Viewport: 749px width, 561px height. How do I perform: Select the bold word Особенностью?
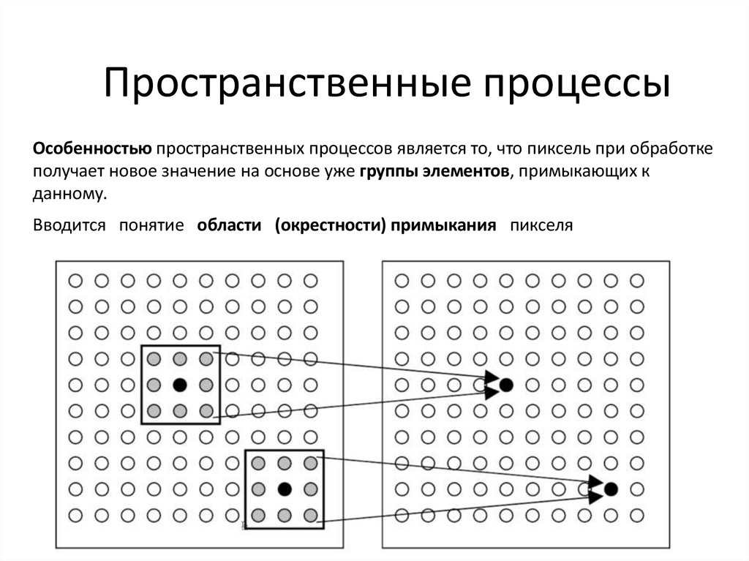91,149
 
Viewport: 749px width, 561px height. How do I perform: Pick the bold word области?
229,225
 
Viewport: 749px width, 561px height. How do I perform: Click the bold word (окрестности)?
331,225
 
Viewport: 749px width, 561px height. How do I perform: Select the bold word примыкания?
443,225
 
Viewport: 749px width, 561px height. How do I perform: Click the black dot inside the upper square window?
180,384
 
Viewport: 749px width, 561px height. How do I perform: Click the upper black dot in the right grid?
506,384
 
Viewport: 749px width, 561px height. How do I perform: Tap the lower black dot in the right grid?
611,489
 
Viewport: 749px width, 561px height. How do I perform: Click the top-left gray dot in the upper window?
154,358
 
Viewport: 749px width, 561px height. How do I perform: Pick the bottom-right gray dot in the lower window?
310,514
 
